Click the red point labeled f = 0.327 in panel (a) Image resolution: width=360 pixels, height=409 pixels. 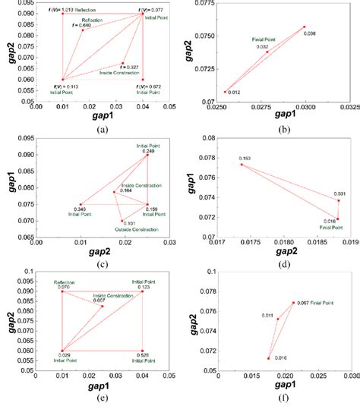pos(122,64)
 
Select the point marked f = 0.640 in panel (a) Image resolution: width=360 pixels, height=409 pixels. pos(83,30)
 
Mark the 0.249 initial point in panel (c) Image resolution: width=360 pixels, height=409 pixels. pos(147,153)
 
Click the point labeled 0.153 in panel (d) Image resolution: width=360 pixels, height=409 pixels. pos(242,164)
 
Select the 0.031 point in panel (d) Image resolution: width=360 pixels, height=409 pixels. pos(339,200)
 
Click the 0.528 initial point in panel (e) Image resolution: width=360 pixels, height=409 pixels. pos(142,351)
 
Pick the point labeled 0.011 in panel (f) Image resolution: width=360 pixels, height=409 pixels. pos(277,319)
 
